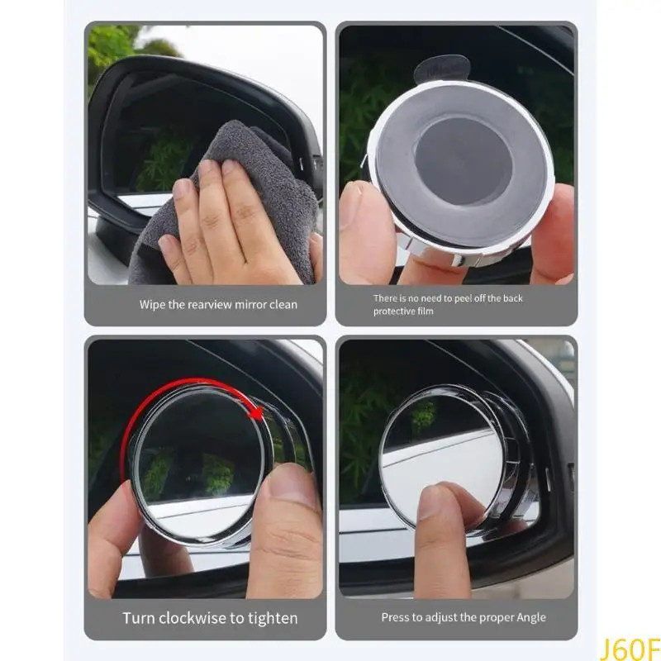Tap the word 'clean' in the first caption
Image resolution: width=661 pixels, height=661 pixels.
283,304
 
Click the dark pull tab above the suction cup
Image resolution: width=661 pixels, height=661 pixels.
442,70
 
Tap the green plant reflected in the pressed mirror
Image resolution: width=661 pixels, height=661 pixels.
424,415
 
